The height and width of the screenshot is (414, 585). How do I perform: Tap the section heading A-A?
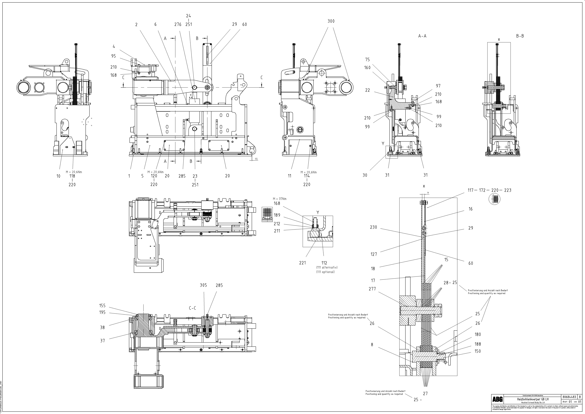(422, 36)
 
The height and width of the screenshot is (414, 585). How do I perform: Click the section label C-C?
(192, 308)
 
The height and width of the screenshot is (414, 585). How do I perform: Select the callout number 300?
(331, 21)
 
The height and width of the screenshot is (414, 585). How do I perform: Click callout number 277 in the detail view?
(372, 289)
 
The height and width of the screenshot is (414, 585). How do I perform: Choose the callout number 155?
(102, 306)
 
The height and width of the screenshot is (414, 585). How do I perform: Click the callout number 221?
(302, 263)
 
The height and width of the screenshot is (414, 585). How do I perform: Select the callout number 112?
(324, 263)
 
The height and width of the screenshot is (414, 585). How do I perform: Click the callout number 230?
(374, 227)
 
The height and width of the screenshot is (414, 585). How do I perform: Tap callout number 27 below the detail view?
(425, 394)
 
